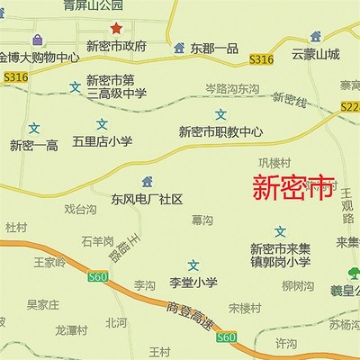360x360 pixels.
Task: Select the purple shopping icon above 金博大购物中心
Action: click(x=37, y=40)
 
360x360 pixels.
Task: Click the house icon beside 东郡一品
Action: click(x=179, y=47)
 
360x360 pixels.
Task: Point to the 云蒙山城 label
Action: click(x=316, y=55)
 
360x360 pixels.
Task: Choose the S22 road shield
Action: click(x=351, y=107)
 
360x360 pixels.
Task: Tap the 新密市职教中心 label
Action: click(x=220, y=131)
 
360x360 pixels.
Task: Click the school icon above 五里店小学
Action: click(x=102, y=122)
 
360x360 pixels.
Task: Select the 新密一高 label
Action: click(x=33, y=145)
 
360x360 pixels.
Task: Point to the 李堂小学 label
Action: click(x=193, y=283)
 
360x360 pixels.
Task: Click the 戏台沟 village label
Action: click(x=80, y=209)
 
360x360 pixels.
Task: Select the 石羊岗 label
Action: click(x=97, y=241)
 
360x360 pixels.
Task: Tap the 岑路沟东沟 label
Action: click(x=232, y=89)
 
